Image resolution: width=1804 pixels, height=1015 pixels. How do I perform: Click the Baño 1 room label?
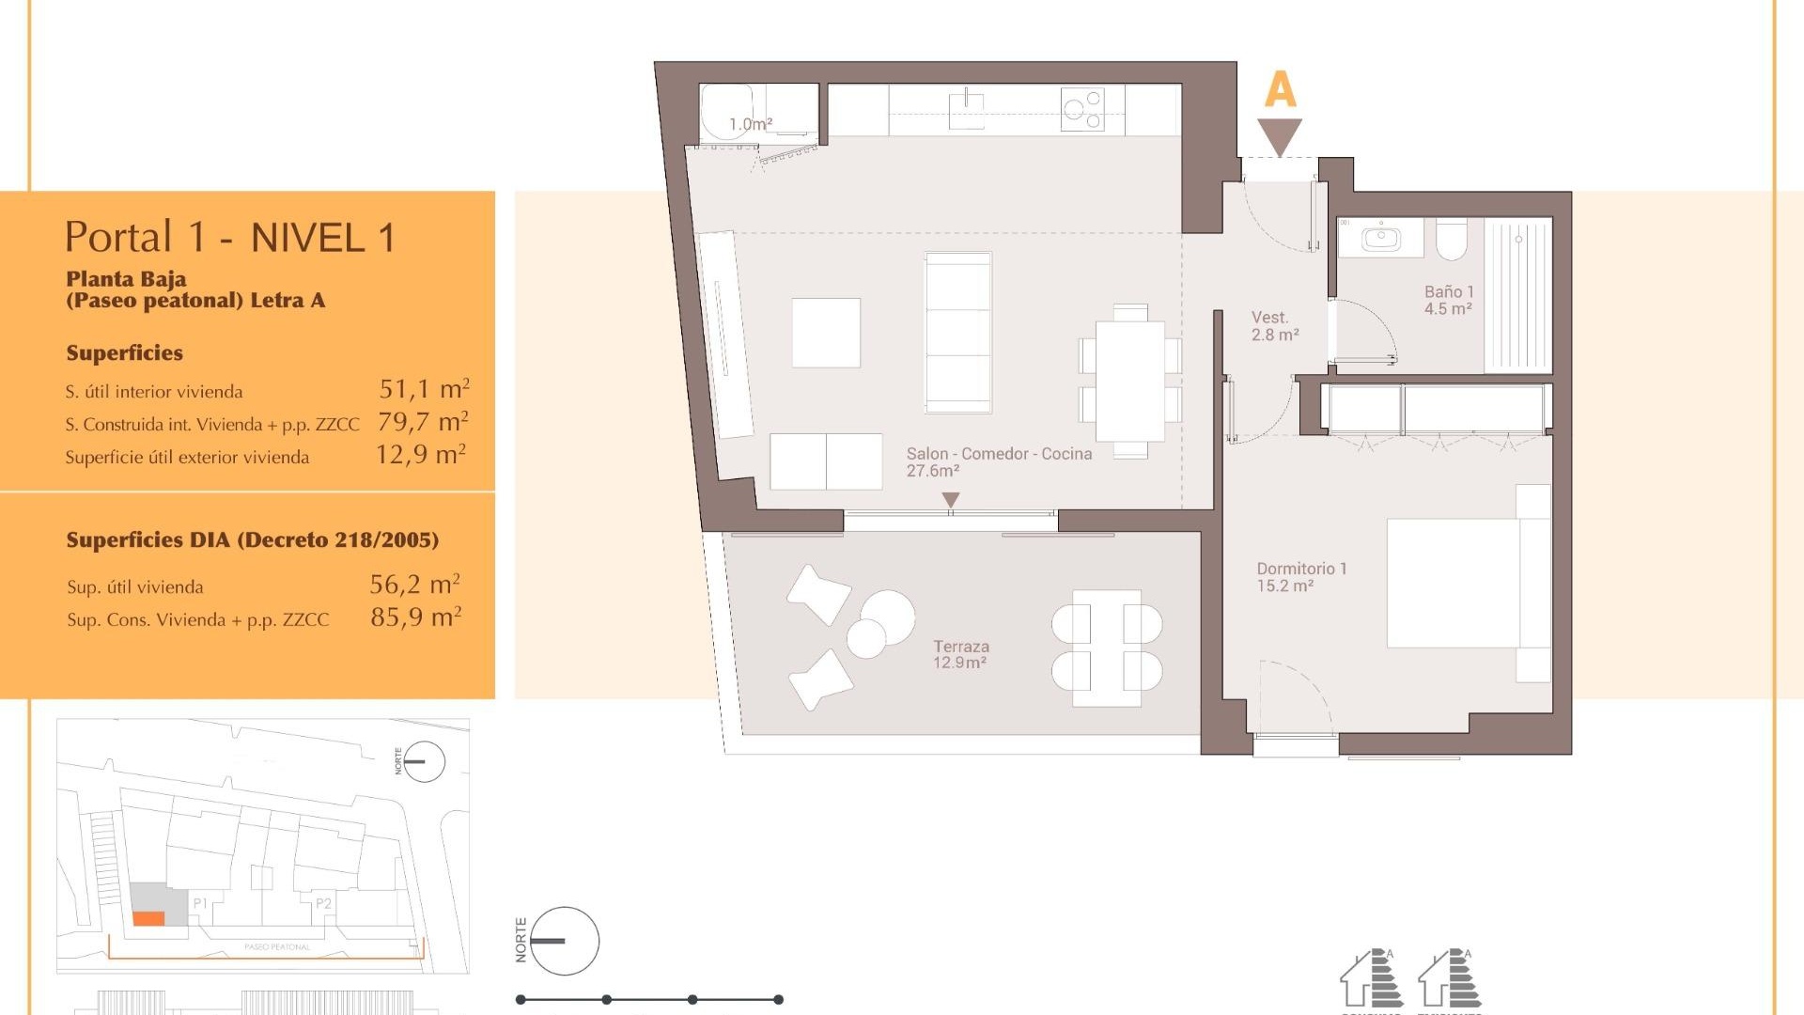point(1448,300)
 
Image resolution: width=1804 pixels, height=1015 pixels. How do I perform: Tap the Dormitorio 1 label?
point(1300,576)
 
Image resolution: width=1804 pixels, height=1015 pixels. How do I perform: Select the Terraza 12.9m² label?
point(959,654)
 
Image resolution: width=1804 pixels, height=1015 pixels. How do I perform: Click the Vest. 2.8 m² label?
point(1274,325)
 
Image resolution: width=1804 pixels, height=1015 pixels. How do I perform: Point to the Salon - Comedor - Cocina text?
point(998,454)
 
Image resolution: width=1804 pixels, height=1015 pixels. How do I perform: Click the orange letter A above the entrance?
point(1280,90)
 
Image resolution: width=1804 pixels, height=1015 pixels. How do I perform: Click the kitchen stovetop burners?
point(1082,109)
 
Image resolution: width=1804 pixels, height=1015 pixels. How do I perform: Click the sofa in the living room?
point(957,332)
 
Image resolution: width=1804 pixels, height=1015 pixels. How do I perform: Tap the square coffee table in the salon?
point(826,333)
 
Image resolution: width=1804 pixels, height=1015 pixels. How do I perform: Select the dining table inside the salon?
point(1130,381)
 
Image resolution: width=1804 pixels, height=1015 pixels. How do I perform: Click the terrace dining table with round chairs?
point(1107,648)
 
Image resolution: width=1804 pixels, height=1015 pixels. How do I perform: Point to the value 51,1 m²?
point(424,388)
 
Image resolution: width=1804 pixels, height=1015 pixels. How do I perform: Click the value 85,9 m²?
point(415,617)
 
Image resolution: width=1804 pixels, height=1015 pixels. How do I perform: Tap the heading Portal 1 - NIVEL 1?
point(229,237)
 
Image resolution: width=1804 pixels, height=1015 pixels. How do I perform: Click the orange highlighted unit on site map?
point(148,918)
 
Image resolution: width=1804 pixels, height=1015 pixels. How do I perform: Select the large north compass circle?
point(564,941)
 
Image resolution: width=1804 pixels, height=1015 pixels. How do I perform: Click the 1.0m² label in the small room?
point(750,124)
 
